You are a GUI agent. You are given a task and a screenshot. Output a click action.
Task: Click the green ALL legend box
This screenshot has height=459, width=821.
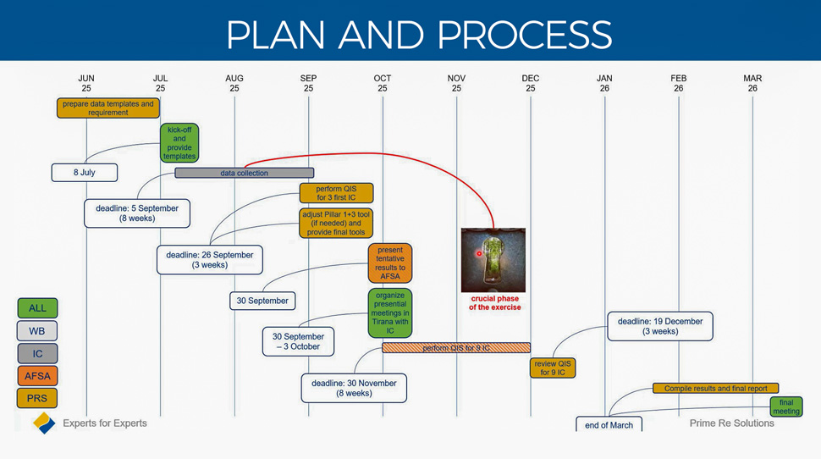[37, 308]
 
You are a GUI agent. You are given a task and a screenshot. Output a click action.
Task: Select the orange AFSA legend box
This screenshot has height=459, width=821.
[37, 376]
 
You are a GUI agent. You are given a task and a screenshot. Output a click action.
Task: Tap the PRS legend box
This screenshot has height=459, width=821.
[37, 398]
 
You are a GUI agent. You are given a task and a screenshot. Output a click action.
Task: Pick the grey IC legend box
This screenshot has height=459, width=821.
[37, 354]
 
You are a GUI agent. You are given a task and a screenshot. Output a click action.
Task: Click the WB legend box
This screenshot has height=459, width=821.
[37, 331]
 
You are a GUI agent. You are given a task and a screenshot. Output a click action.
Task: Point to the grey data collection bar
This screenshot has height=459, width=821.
[244, 173]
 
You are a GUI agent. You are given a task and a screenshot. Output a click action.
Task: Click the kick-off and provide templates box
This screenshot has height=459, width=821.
[179, 143]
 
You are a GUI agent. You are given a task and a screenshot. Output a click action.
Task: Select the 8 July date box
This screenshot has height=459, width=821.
[84, 173]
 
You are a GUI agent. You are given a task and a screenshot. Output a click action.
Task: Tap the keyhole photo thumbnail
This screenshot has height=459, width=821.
[493, 260]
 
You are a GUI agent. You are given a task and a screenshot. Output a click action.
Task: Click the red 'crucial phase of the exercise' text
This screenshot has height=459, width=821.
[495, 303]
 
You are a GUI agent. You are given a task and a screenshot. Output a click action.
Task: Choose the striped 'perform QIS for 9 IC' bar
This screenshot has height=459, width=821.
[456, 348]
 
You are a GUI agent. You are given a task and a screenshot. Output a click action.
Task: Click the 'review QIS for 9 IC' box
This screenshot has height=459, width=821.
[553, 368]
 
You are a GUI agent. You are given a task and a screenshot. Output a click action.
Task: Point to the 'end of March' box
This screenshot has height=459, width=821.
[609, 424]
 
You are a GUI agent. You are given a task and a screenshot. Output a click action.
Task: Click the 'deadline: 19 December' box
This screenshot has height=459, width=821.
[659, 326]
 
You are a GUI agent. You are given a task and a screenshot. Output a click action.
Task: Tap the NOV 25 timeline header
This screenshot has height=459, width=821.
[456, 83]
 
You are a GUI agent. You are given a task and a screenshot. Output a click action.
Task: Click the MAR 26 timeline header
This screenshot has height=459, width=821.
[752, 83]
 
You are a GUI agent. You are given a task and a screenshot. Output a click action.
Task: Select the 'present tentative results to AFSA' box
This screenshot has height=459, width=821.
[390, 263]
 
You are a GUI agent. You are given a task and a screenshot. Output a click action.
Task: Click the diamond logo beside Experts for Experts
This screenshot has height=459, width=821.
[44, 423]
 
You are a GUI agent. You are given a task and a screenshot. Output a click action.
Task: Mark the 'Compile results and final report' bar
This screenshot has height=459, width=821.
[715, 389]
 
